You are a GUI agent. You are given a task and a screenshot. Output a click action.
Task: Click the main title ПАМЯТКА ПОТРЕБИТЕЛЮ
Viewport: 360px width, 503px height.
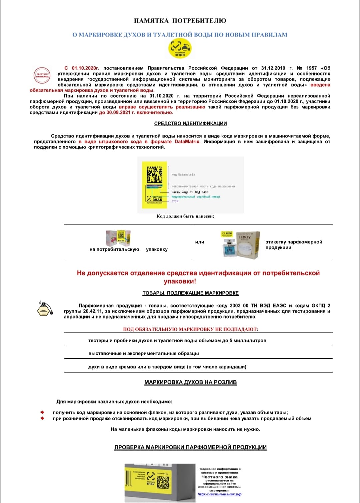(x=180, y=21)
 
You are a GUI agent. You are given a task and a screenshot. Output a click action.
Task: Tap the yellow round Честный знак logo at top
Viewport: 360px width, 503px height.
(x=180, y=49)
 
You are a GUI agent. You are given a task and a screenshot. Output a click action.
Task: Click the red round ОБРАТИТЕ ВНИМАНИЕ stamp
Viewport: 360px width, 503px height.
(x=42, y=75)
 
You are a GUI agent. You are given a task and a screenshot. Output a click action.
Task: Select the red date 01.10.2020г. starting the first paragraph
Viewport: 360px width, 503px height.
(x=85, y=68)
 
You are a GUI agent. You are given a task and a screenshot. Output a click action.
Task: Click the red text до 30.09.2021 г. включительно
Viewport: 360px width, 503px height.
(x=136, y=113)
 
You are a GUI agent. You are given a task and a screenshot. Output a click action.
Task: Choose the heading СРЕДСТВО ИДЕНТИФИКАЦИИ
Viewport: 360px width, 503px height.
(x=190, y=123)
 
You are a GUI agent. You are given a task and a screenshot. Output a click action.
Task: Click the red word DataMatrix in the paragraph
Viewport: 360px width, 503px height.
(x=187, y=142)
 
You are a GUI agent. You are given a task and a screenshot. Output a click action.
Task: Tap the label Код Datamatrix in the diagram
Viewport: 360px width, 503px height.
(x=183, y=175)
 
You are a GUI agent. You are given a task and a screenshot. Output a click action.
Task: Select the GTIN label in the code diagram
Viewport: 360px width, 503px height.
(x=175, y=201)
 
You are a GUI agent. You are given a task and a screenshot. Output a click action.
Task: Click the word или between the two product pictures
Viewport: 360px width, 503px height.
(x=200, y=242)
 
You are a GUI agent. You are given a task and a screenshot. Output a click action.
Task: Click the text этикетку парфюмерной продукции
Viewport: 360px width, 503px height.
(x=294, y=245)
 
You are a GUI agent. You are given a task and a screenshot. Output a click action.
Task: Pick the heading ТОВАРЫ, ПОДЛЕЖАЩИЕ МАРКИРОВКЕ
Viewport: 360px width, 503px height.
(x=191, y=293)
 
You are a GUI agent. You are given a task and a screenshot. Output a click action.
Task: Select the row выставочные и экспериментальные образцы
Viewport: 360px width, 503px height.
(x=144, y=353)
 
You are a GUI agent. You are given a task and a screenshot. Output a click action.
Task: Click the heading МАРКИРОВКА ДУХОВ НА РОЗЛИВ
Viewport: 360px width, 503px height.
(x=190, y=382)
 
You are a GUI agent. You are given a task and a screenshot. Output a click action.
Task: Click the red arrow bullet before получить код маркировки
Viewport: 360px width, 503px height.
(x=42, y=412)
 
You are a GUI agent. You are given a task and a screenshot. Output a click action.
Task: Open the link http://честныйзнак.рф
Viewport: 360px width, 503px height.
(x=219, y=494)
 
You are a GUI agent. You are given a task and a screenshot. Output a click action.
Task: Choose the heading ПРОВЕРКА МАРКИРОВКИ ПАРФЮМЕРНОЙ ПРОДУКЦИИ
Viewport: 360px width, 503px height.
(x=190, y=447)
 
